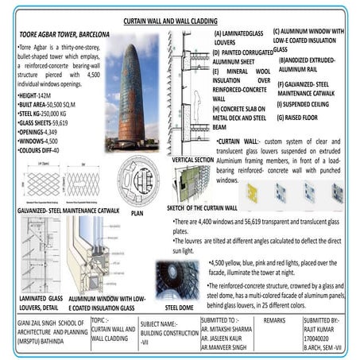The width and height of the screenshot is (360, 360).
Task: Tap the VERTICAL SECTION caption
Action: pyautogui.click(x=192, y=160)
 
